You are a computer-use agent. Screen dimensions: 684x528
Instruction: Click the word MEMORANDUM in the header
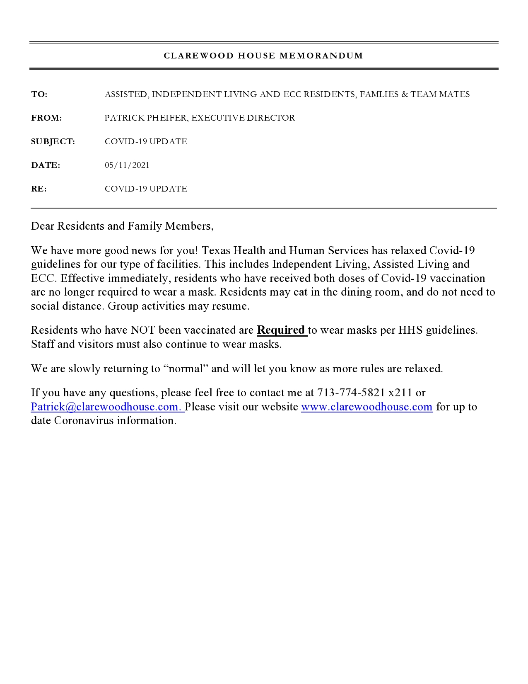(x=321, y=56)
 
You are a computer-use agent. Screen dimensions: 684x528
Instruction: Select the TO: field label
(x=39, y=95)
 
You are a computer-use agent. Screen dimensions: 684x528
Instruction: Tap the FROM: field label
(x=46, y=118)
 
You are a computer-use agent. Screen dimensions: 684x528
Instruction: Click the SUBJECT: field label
(x=53, y=142)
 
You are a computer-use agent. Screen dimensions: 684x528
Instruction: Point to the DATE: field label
(x=46, y=165)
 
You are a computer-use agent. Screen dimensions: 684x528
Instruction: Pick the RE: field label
(x=39, y=189)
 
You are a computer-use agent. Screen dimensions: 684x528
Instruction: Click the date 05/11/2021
(x=127, y=165)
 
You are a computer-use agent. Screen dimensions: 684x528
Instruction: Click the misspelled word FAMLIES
(x=379, y=95)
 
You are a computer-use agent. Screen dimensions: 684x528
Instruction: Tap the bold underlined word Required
(x=281, y=330)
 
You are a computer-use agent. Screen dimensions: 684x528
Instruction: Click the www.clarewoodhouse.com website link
(x=366, y=407)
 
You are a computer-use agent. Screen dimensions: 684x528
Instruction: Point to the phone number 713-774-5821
(x=351, y=393)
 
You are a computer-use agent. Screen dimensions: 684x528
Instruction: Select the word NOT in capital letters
(x=143, y=330)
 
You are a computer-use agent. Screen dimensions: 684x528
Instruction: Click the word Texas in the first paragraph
(x=216, y=250)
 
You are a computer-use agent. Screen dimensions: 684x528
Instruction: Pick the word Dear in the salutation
(x=43, y=226)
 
